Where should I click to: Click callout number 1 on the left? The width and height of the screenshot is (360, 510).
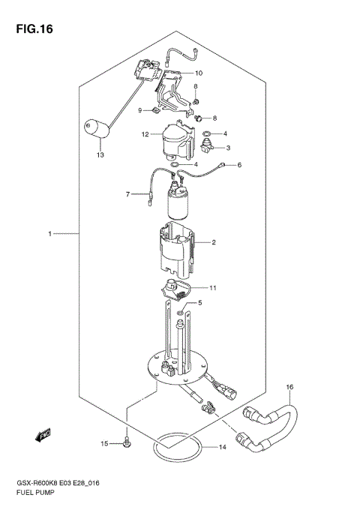coord(49,234)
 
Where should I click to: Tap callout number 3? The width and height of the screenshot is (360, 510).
coord(227,148)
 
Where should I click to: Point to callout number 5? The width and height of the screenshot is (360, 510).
coord(199,303)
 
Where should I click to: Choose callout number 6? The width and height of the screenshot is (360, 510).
coord(240,165)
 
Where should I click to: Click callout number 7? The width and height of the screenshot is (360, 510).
coord(128,195)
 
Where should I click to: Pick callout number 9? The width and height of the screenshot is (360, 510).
coord(139,111)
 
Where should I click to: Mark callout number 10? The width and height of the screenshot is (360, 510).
coord(199,73)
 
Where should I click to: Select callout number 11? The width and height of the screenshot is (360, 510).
coord(213,287)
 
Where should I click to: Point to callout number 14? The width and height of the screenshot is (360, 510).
coord(222,448)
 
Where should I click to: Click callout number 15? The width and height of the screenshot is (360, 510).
coord(106,444)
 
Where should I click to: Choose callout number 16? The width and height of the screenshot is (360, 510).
coord(289,387)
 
